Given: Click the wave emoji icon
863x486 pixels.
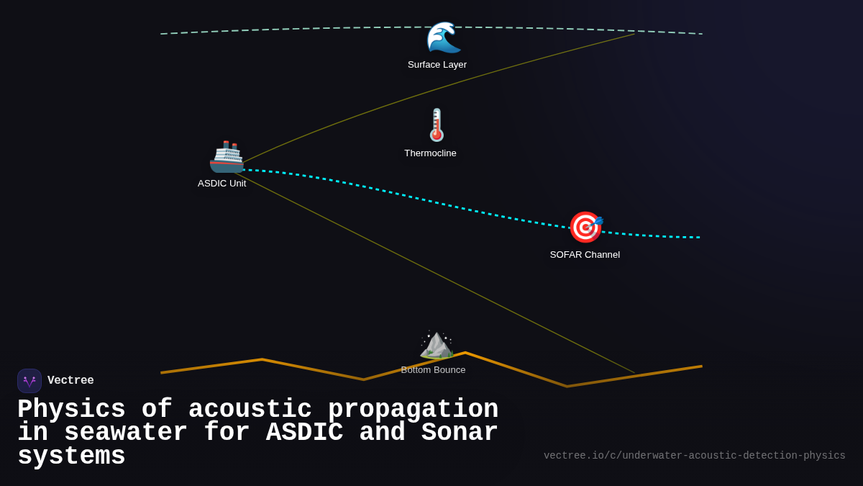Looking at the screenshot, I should (x=443, y=37).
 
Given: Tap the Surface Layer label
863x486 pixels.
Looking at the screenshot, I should (x=437, y=65).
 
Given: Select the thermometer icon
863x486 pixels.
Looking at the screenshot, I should (x=437, y=125).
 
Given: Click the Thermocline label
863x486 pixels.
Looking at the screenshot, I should (x=430, y=153).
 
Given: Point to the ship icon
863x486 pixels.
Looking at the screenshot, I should (x=227, y=156).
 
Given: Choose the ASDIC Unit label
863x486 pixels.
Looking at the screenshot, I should (x=222, y=184).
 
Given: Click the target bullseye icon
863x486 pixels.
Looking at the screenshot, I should (x=585, y=228).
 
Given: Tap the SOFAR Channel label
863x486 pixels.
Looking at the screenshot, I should (x=585, y=255).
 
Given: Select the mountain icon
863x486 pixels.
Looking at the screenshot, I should (x=436, y=343).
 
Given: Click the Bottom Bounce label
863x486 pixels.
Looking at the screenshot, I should (x=433, y=370).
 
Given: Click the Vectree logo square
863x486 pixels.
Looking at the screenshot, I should (x=29, y=381).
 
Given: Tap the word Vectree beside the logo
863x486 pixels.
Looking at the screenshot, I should (x=70, y=381).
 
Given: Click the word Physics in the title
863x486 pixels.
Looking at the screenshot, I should (x=71, y=410).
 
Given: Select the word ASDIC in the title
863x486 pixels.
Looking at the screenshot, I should (x=304, y=433).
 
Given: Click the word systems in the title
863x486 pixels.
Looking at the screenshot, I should (x=71, y=456).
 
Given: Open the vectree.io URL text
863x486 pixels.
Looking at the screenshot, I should (x=694, y=456).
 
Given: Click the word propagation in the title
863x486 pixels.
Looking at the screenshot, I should (x=413, y=410).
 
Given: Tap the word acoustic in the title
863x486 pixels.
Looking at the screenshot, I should (x=250, y=410).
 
